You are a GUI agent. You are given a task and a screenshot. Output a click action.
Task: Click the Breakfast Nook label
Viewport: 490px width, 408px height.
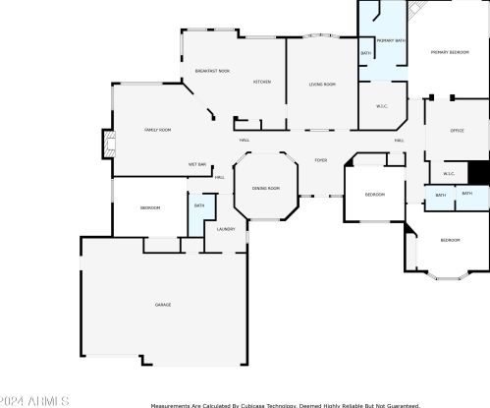coord(212,71)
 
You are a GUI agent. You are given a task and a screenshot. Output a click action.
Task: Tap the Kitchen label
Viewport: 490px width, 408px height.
coord(262,82)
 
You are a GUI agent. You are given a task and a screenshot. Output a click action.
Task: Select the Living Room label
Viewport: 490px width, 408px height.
coord(323,85)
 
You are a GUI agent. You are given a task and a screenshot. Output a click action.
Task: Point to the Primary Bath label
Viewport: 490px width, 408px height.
coord(389,40)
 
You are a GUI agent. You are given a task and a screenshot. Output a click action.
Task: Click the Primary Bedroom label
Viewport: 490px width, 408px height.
coord(452,51)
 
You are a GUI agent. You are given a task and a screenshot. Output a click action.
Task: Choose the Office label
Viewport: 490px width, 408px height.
coord(457,130)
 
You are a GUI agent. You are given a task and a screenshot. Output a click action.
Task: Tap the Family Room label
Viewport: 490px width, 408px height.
coord(158,130)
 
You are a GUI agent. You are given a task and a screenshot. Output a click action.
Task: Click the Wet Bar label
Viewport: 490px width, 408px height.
coord(197,164)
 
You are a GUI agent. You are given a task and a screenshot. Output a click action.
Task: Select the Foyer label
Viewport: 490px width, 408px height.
coord(320,159)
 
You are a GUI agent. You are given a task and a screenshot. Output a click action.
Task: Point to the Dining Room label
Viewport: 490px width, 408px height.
coord(266,188)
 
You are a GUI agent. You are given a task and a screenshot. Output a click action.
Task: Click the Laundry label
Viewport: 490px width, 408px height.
coord(226,229)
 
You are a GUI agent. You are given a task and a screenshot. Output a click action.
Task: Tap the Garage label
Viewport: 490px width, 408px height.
coord(163,305)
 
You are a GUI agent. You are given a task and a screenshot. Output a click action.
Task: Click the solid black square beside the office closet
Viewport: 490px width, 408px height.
coord(478,172)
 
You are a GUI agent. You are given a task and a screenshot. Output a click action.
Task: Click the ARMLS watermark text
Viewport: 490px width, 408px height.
coord(34,400)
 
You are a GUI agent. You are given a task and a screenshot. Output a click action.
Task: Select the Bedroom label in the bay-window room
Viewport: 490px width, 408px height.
coord(450,241)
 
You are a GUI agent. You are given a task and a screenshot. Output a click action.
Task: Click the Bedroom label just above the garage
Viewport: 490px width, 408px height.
coord(149,208)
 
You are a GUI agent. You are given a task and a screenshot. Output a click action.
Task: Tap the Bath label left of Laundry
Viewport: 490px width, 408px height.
coord(198,205)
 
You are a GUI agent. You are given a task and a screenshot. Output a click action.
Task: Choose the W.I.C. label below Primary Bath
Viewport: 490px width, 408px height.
coord(382,106)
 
